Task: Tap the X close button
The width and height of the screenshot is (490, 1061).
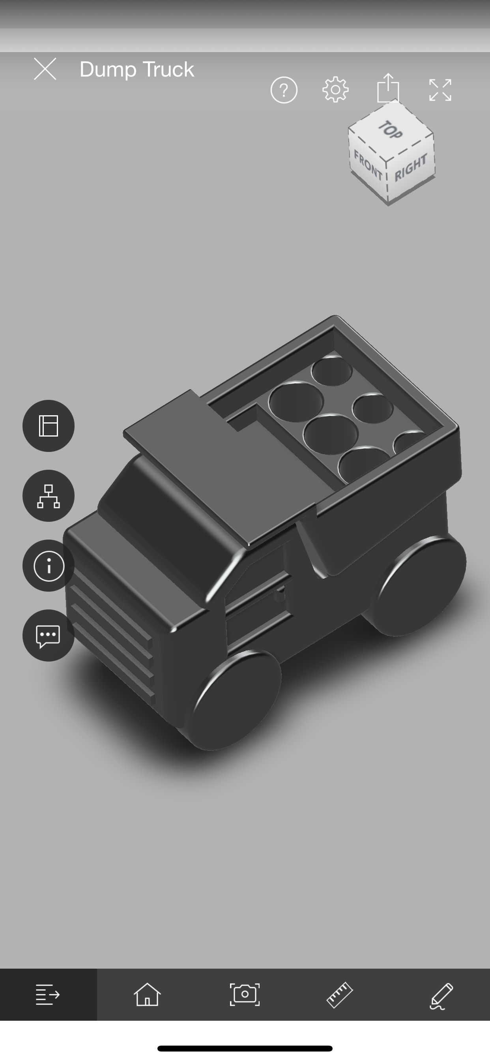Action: click(45, 68)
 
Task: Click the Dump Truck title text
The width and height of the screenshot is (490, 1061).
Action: click(137, 69)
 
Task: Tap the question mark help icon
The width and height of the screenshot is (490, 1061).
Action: click(284, 90)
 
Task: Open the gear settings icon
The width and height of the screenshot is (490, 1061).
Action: click(336, 89)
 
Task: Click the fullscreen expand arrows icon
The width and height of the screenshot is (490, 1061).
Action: click(440, 90)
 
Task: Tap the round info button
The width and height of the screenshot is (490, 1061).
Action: click(49, 566)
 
